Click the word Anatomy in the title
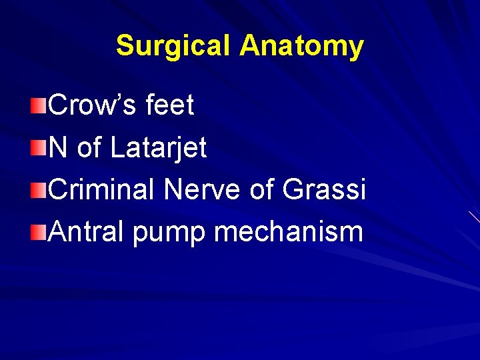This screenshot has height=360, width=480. pos(302,46)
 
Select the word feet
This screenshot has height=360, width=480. pos(169,105)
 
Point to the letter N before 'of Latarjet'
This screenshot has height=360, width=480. pos(58,148)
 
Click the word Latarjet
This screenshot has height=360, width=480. pos(159,148)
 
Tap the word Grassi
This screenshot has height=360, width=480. pos(325,190)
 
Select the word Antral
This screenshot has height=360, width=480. pos(87,232)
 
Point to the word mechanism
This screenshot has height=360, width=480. pos(289,232)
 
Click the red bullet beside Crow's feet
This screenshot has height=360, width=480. pos(39,106)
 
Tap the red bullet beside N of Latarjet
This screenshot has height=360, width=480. pos(39,148)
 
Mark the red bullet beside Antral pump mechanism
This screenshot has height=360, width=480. pos(39,233)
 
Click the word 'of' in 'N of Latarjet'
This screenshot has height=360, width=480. pos(88,148)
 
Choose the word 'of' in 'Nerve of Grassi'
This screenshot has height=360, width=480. pos(263,190)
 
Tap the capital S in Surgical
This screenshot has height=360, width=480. pos(124,46)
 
